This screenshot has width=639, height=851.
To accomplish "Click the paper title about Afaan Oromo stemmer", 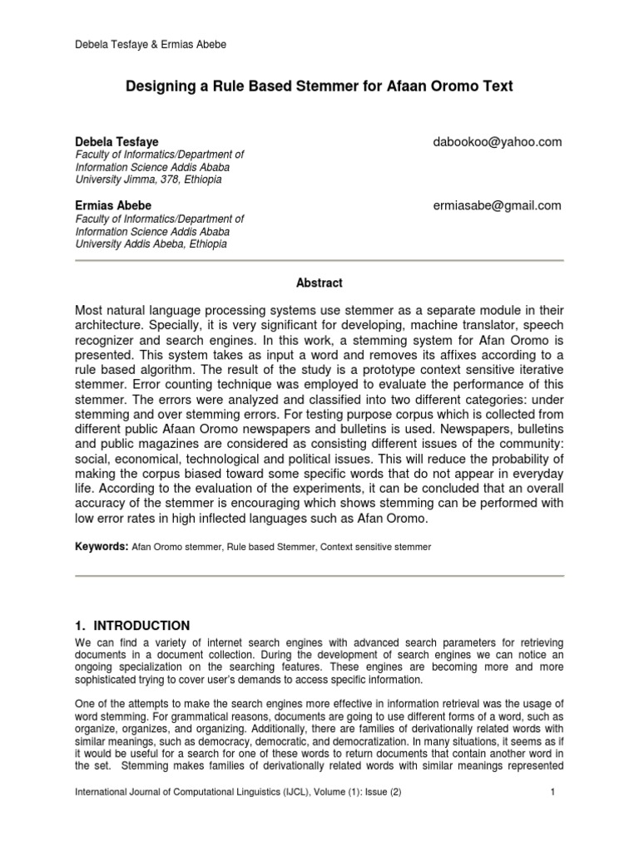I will pos(319,85).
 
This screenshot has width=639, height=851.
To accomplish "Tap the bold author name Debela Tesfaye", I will pos(117,142).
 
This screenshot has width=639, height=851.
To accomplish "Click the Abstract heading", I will pos(319,283).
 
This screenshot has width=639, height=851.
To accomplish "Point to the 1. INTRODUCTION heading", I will pos(132,625).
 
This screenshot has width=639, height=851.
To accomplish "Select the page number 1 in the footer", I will pos(552,815).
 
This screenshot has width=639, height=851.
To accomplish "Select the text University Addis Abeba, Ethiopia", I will pos(151,244).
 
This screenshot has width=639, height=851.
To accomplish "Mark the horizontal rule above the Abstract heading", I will pos(319,261).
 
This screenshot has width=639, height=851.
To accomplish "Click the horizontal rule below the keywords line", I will pos(319,576).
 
